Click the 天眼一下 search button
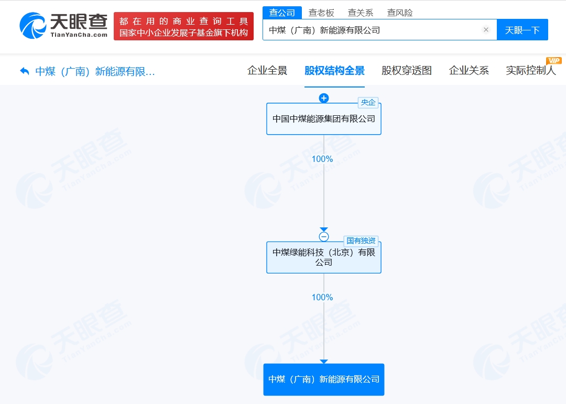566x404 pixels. tap(523, 29)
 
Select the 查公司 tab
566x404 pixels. tap(282, 13)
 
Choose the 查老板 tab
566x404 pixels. tap(321, 13)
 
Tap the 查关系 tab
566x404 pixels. tap(360, 13)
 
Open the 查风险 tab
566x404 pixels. tap(399, 13)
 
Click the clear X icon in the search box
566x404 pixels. tap(486, 29)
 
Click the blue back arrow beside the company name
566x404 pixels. tap(25, 71)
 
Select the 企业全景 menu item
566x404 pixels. tap(267, 70)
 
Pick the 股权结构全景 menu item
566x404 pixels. tap(334, 70)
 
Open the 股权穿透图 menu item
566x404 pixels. tap(407, 70)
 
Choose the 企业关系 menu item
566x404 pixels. tap(469, 70)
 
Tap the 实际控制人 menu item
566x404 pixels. tap(530, 70)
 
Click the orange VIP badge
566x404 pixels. tap(554, 61)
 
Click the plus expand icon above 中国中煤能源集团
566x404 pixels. tap(324, 98)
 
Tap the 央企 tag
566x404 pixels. tap(368, 103)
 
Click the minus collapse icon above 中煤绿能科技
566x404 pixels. tap(324, 236)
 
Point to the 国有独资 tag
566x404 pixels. tap(361, 241)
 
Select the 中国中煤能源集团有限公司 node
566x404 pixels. tap(324, 119)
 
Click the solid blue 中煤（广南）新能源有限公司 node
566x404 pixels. tap(324, 379)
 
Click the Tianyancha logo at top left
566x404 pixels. tap(63, 26)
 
